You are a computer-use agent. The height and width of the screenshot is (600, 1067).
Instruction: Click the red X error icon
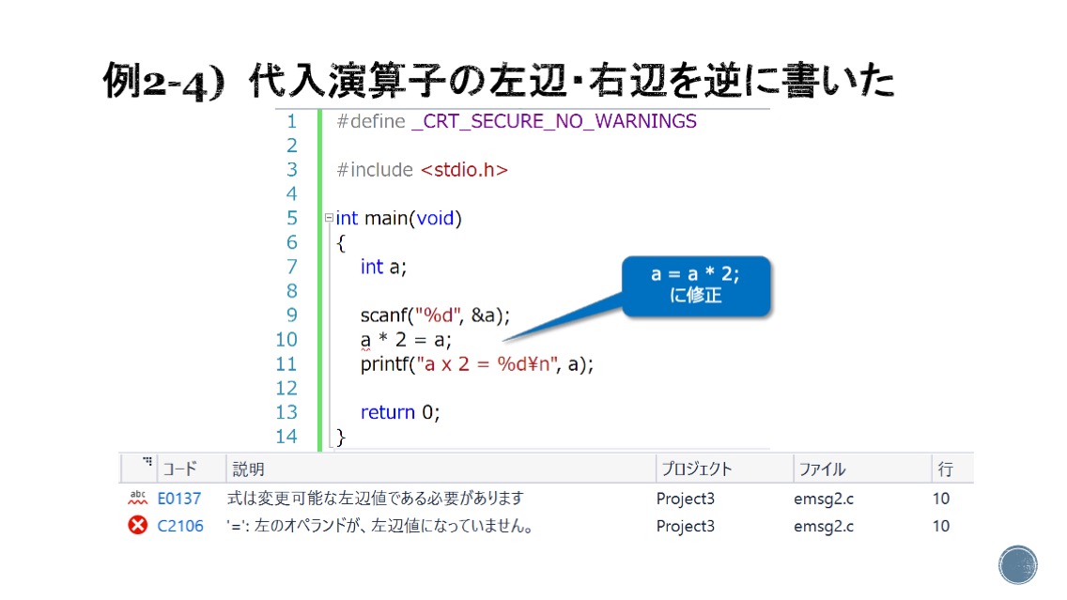pyautogui.click(x=137, y=525)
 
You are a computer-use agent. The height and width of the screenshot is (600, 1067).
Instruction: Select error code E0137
pyautogui.click(x=179, y=499)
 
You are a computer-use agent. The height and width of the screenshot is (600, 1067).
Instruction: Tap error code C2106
pyautogui.click(x=180, y=526)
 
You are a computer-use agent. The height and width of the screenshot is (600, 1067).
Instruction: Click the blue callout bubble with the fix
pyautogui.click(x=696, y=285)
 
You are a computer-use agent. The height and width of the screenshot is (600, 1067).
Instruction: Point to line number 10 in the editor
pyautogui.click(x=286, y=340)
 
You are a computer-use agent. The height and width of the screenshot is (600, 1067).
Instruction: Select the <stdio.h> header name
pyautogui.click(x=464, y=169)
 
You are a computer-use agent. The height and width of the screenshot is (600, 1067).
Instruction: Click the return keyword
pyautogui.click(x=387, y=412)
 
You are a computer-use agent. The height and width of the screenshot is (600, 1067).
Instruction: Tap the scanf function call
pyautogui.click(x=435, y=315)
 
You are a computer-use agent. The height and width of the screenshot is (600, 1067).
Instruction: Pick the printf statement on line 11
pyautogui.click(x=476, y=364)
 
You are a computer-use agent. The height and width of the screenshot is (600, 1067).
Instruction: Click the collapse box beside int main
pyautogui.click(x=329, y=218)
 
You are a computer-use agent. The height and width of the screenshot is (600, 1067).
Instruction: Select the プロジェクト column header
pyautogui.click(x=696, y=469)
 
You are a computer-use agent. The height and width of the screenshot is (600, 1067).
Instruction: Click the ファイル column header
pyautogui.click(x=822, y=469)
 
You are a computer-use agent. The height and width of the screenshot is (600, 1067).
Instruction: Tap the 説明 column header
pyautogui.click(x=248, y=469)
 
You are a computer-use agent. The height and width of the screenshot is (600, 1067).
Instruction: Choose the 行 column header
pyautogui.click(x=945, y=469)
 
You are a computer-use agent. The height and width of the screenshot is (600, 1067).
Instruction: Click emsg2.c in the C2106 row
pyautogui.click(x=824, y=526)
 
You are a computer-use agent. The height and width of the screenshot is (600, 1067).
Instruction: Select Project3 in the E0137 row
pyautogui.click(x=686, y=499)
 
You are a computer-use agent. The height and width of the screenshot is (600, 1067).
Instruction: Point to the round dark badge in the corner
pyautogui.click(x=1018, y=564)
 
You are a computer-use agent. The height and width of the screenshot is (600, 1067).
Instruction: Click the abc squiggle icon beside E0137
pyautogui.click(x=137, y=498)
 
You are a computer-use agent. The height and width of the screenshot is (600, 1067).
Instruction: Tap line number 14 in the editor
pyautogui.click(x=286, y=437)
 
